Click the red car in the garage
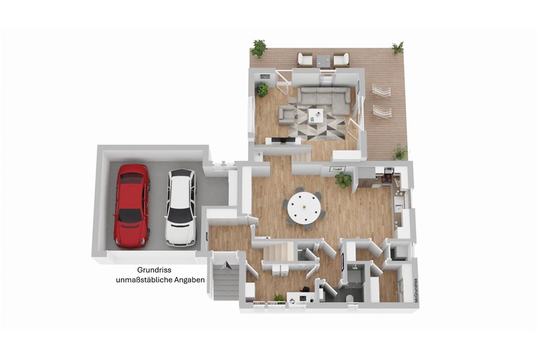click(x=133, y=206)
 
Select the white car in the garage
click(x=180, y=208)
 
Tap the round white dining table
click(x=305, y=208)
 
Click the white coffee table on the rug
click(x=316, y=116)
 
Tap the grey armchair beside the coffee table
click(x=287, y=115)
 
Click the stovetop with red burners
click(x=387, y=178)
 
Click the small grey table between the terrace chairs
click(x=323, y=60)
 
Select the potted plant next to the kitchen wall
click(x=343, y=180)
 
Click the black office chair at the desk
click(x=304, y=291)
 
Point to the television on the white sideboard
click(x=283, y=140)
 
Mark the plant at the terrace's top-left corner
click(x=259, y=49)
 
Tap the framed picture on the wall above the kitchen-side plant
click(x=337, y=168)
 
